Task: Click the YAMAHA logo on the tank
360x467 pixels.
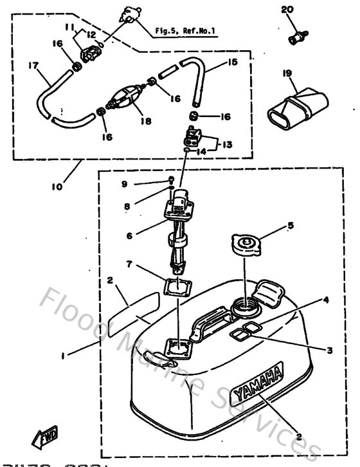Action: point(258,382)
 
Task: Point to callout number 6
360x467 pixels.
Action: point(129,235)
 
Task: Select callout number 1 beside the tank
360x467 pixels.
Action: point(62,353)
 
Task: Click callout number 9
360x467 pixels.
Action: point(124,184)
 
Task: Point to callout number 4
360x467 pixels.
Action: point(326,300)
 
